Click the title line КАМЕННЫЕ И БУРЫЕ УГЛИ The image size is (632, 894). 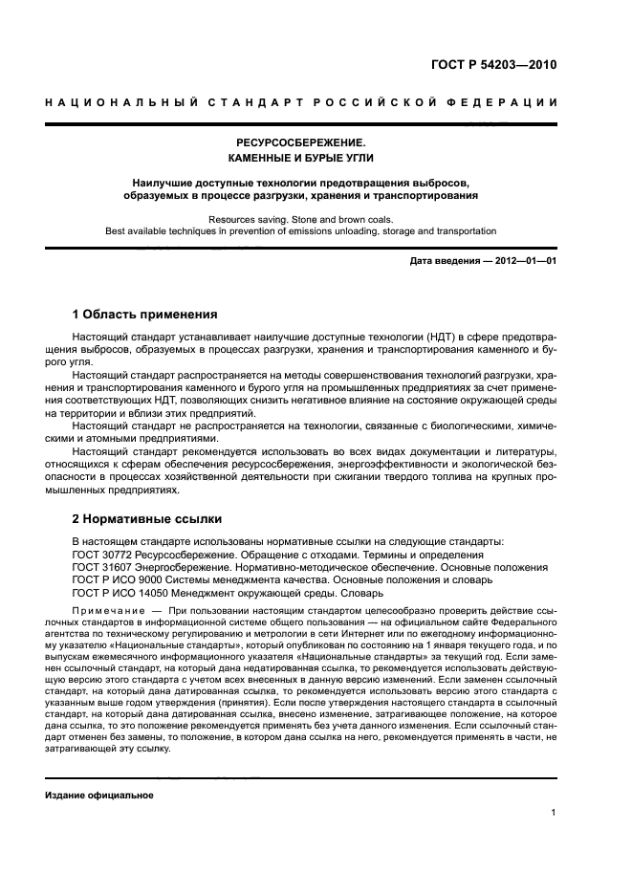[301, 158]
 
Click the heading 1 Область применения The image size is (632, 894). [144, 314]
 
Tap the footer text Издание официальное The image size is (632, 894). [99, 795]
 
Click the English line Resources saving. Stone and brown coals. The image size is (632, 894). [301, 219]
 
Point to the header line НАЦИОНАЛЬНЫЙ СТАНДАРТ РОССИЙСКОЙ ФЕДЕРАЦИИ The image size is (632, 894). [301, 102]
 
